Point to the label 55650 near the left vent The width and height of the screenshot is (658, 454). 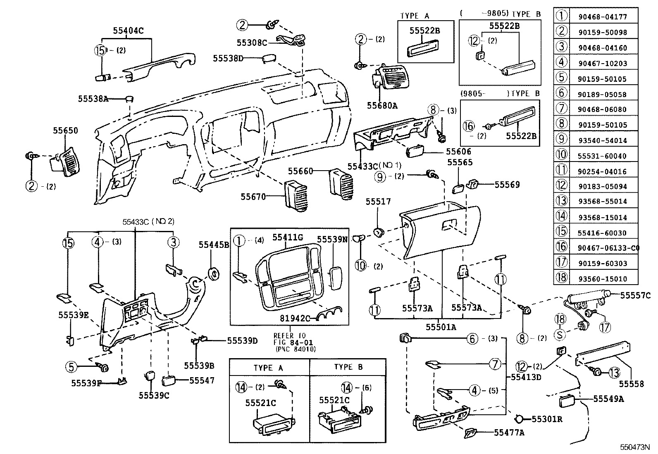[65, 131]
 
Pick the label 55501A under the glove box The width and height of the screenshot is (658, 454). [441, 327]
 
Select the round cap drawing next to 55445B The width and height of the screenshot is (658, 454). [214, 273]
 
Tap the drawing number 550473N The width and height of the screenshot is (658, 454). [634, 447]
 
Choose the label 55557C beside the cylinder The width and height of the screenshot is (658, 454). [636, 295]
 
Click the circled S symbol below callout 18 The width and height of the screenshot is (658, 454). [560, 334]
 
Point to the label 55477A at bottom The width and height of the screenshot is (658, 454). [509, 433]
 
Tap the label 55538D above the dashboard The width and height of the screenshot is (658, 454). [228, 58]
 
